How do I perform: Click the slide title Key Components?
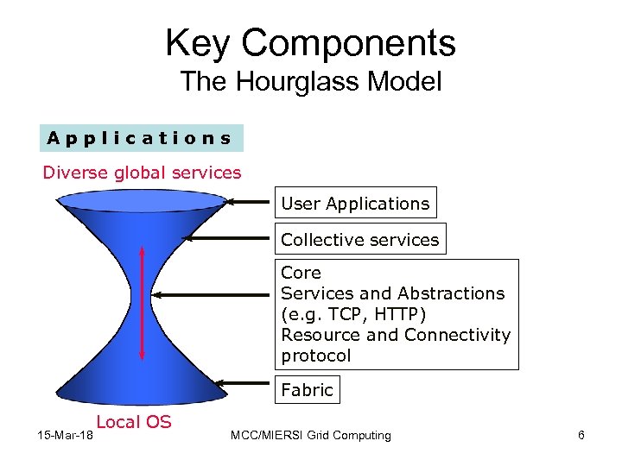coord(310,43)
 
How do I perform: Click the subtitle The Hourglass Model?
coord(310,82)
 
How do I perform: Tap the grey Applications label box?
coord(140,138)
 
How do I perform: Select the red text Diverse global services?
coord(143,173)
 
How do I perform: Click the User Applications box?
coord(355,204)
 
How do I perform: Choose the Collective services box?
coord(359,240)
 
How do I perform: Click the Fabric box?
coord(307,390)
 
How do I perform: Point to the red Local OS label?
coord(134,422)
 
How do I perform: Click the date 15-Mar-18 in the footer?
coord(66,436)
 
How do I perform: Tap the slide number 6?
coord(581,436)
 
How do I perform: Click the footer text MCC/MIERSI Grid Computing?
coord(311,436)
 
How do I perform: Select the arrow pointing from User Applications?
coord(250,205)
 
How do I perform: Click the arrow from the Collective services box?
coord(230,240)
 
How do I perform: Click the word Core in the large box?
coord(301,273)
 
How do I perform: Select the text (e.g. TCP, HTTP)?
coord(353,314)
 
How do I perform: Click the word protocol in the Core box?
coord(316,356)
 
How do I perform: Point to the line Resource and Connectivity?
coord(396,335)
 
